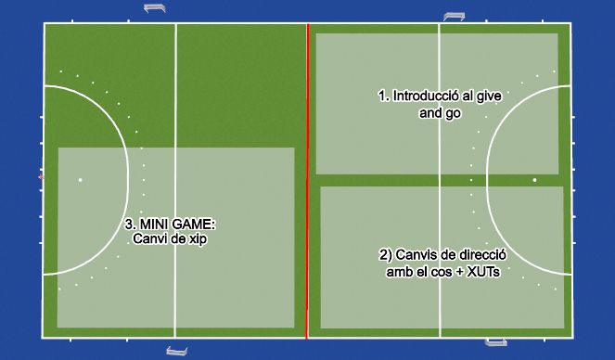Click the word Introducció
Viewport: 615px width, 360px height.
[x=426, y=96]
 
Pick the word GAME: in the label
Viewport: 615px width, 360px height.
[x=196, y=225]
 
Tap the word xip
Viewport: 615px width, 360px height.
[x=197, y=239]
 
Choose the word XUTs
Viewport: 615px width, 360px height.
[x=468, y=270]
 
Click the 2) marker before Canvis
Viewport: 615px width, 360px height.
[x=385, y=254]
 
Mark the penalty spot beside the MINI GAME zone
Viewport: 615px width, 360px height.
[x=81, y=179]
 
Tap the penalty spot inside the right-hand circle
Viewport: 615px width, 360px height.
[x=534, y=180]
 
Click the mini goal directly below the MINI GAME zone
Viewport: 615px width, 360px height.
[x=176, y=350]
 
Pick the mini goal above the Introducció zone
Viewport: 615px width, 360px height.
[x=455, y=16]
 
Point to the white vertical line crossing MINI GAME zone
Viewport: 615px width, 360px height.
[x=175, y=278]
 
